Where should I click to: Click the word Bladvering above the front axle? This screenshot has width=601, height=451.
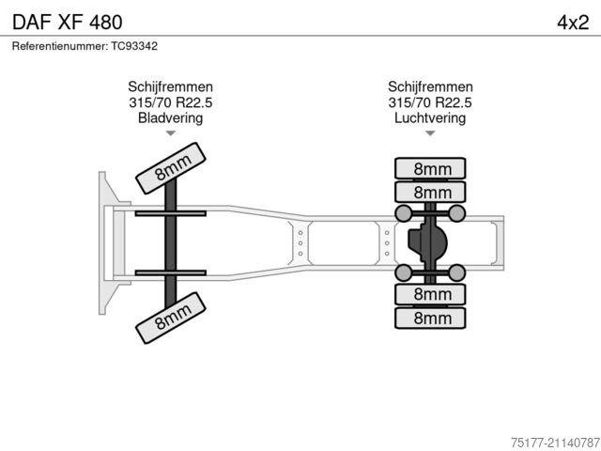point(170,118)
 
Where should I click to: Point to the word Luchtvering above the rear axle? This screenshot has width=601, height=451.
point(430,118)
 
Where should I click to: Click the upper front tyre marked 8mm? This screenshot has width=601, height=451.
point(172,167)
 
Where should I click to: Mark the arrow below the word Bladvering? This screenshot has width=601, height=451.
point(170,134)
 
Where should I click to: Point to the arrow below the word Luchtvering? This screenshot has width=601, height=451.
point(430,134)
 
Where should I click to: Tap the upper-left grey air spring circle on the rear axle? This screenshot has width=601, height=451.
point(404,214)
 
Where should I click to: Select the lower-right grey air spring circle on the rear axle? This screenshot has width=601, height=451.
point(457,273)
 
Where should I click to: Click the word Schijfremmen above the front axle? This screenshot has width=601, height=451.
point(170,86)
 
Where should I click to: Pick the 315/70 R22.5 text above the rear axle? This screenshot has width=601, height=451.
point(430,102)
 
